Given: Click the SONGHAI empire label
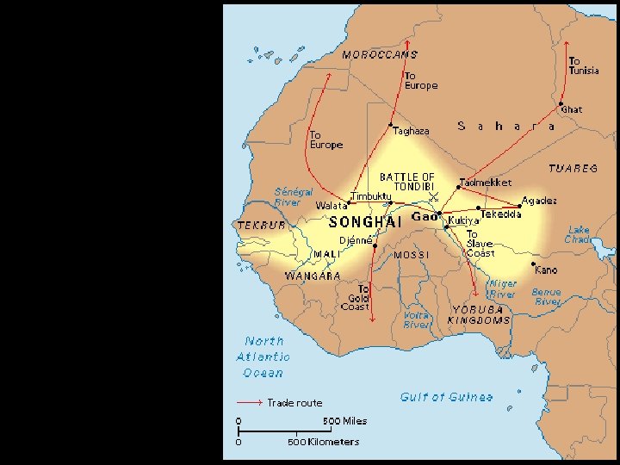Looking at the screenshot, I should (x=366, y=222).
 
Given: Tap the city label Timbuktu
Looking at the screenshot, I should (x=371, y=196).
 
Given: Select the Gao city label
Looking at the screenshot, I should (x=425, y=217).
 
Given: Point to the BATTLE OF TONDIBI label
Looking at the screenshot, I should (x=407, y=182).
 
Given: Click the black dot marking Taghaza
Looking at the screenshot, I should (x=391, y=125).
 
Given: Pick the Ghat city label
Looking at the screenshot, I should (x=571, y=110).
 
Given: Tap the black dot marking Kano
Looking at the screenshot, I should (x=534, y=264).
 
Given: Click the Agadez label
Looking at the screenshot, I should (x=539, y=201).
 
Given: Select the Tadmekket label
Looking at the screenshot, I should (x=487, y=183).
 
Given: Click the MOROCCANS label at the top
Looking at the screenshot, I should (x=380, y=55).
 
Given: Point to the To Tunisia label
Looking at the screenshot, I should (x=584, y=65).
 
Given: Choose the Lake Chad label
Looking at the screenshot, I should (x=579, y=234).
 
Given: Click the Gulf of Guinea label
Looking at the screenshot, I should (x=447, y=397).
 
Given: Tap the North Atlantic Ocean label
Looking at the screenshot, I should (x=263, y=356).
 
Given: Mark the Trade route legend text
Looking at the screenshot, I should (x=294, y=402).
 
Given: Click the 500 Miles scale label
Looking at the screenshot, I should (x=344, y=421).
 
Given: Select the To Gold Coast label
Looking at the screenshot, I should (x=355, y=298).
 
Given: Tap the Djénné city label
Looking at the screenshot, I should (x=355, y=240).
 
